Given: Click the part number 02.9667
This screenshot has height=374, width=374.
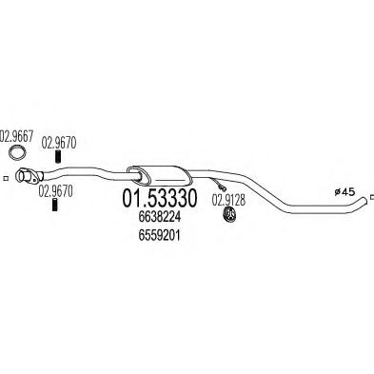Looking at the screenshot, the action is click(x=17, y=135).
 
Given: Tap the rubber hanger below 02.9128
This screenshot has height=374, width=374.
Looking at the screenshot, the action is click(x=229, y=222).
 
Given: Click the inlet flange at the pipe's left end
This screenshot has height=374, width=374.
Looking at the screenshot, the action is click(x=32, y=174).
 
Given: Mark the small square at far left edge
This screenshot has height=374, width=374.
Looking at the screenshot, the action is click(x=5, y=176).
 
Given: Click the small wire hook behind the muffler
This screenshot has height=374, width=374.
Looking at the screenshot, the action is click(x=223, y=186).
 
